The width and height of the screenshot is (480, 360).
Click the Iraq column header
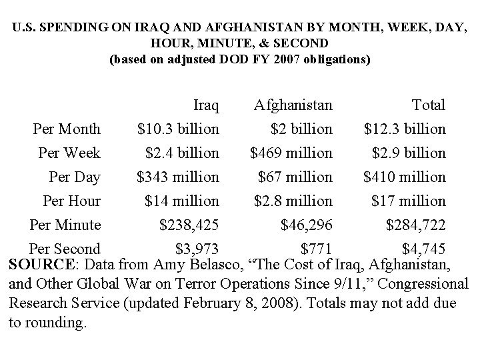coord(206,105)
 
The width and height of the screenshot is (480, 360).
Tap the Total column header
coord(429,105)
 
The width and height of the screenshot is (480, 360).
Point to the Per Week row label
coord(69,153)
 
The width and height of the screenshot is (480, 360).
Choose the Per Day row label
coord(75,177)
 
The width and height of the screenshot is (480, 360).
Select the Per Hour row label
coord(71,201)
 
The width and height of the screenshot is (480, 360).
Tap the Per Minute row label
coord(65,225)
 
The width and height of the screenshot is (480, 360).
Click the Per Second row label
coord(65,249)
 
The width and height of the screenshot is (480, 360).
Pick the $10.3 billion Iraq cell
coord(178,129)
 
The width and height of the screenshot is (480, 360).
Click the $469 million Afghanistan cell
coord(291,153)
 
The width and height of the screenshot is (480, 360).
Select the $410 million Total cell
coord(405,177)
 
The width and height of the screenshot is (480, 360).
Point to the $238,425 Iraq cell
coord(189,225)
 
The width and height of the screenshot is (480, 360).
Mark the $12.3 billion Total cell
coord(405,129)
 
